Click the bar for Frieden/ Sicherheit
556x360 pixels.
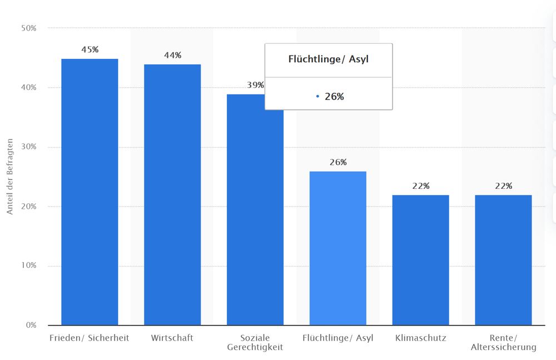[90, 192]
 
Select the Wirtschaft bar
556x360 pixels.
[172, 194]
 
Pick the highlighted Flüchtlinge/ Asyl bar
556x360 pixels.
[338, 248]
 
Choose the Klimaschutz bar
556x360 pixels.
[420, 260]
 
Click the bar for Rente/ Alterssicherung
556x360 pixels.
[503, 260]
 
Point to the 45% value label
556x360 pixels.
[90, 49]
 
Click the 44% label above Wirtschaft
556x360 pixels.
[172, 55]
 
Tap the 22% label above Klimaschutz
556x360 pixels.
[420, 186]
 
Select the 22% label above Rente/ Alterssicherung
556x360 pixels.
[503, 186]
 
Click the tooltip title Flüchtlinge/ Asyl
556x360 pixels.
[328, 59]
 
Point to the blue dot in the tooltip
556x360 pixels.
[317, 97]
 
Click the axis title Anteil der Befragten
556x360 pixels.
[9, 177]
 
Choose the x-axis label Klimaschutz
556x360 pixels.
[420, 338]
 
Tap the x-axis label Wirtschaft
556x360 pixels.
[172, 338]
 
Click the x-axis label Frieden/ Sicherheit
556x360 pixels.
[90, 338]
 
